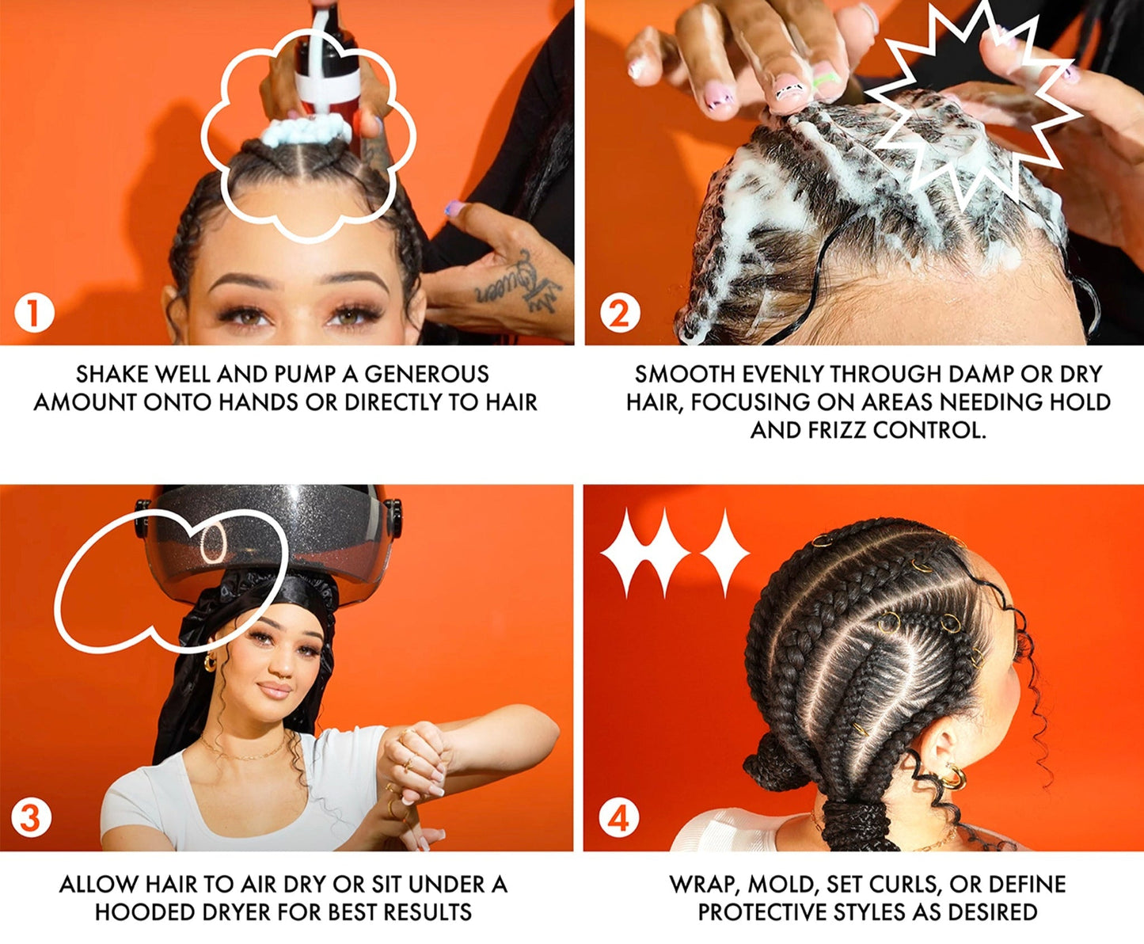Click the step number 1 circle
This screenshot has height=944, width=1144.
[35, 314]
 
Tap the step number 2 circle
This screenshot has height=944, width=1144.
[619, 314]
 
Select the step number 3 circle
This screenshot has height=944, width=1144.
[31, 817]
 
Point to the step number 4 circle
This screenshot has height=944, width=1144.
[618, 818]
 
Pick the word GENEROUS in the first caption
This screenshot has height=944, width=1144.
[426, 375]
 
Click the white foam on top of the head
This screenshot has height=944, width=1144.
[305, 131]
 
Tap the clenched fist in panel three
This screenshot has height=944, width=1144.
[416, 749]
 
